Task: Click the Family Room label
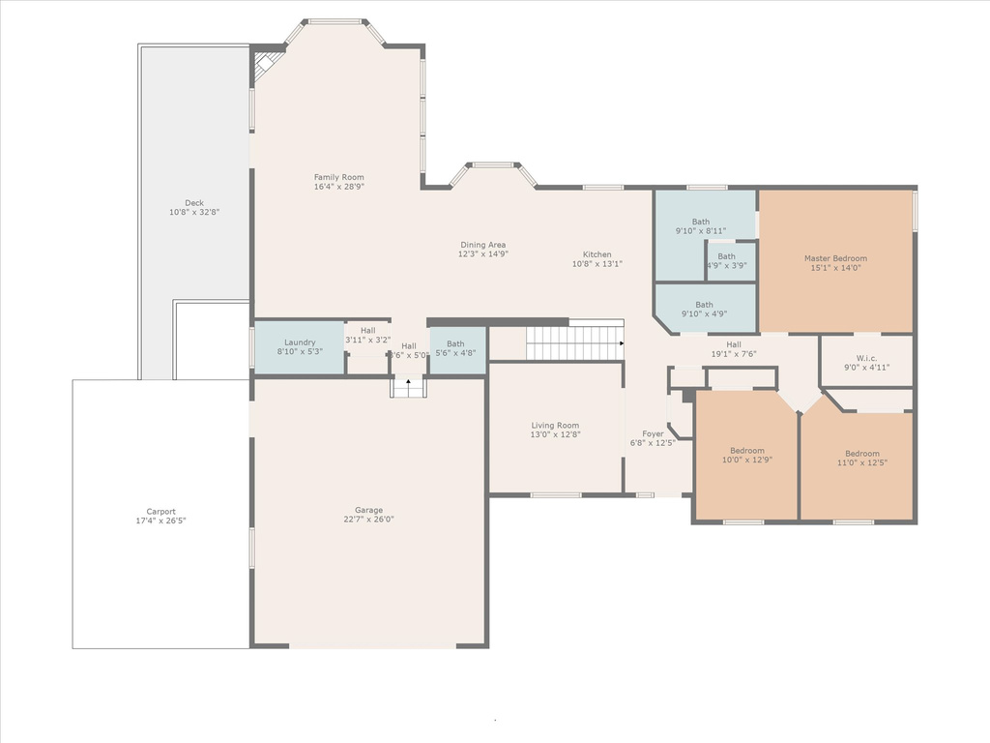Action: (339, 178)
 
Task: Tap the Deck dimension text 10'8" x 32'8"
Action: (193, 212)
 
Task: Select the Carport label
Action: (161, 512)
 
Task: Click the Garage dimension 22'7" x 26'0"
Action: (368, 520)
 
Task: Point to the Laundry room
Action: (300, 347)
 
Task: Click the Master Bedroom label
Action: (835, 258)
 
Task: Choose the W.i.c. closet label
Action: (867, 358)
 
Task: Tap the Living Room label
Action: (555, 426)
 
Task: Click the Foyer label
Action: (653, 434)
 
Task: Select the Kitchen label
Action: (597, 254)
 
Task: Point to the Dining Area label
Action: (483, 245)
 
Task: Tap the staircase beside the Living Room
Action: (575, 343)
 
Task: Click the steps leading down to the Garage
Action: (409, 387)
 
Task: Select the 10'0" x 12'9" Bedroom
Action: (746, 456)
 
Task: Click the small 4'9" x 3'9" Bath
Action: (731, 261)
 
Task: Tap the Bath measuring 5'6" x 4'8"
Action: (457, 349)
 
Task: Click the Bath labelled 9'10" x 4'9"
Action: (705, 309)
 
